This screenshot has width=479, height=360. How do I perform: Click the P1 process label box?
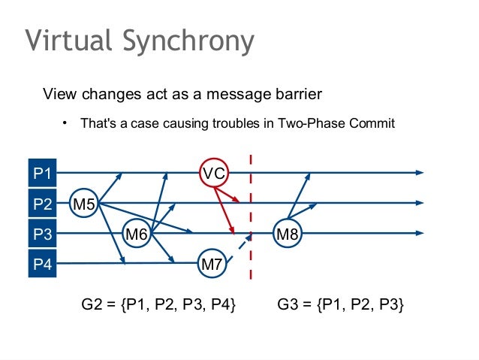pyautogui.click(x=42, y=174)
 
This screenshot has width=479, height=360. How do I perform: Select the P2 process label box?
pyautogui.click(x=42, y=204)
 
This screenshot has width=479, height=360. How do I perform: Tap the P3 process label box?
pyautogui.click(x=42, y=234)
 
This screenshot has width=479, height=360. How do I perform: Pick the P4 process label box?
pyautogui.click(x=42, y=264)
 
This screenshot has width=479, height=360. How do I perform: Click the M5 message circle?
pyautogui.click(x=84, y=203)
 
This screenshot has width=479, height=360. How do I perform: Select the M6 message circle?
pyautogui.click(x=136, y=234)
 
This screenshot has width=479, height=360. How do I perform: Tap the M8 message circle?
pyautogui.click(x=288, y=234)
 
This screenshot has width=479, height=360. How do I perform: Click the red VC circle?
pyautogui.click(x=214, y=174)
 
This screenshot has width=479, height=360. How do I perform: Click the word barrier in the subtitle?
pyautogui.click(x=297, y=95)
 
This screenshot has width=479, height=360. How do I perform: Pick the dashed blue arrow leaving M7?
pyautogui.click(x=237, y=247)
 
